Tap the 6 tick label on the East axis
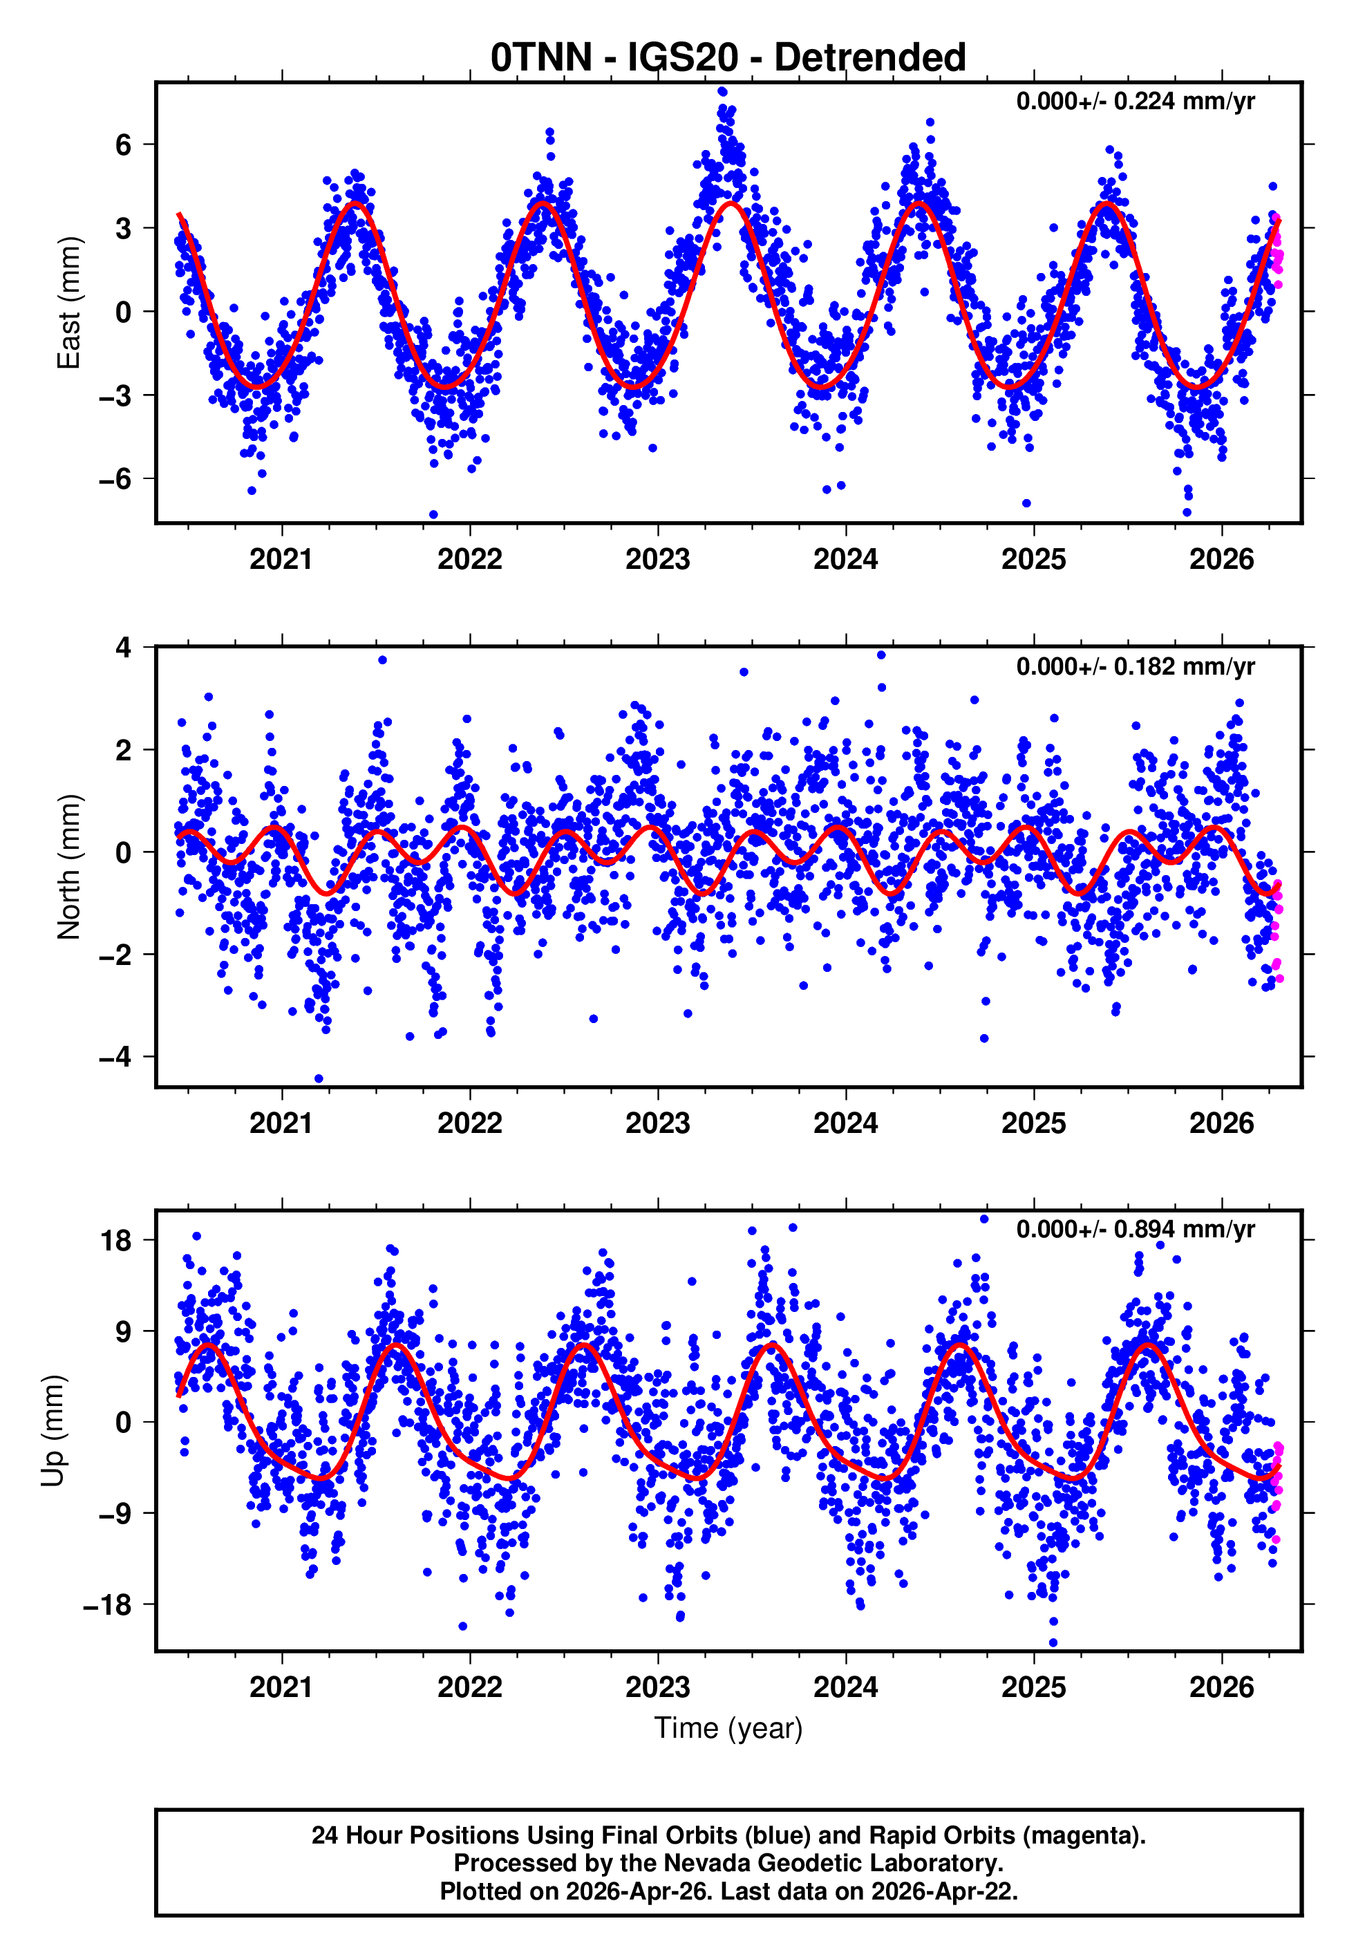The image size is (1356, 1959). [x=124, y=144]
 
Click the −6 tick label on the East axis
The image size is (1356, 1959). [x=115, y=479]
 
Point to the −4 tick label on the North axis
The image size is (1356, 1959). [x=115, y=1057]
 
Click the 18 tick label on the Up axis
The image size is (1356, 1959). [x=116, y=1240]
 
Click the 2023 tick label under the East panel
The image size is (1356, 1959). [x=657, y=559]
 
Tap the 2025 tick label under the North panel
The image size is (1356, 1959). [x=1033, y=1123]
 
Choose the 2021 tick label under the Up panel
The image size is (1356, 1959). [x=281, y=1687]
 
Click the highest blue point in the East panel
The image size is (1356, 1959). [x=722, y=92]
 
